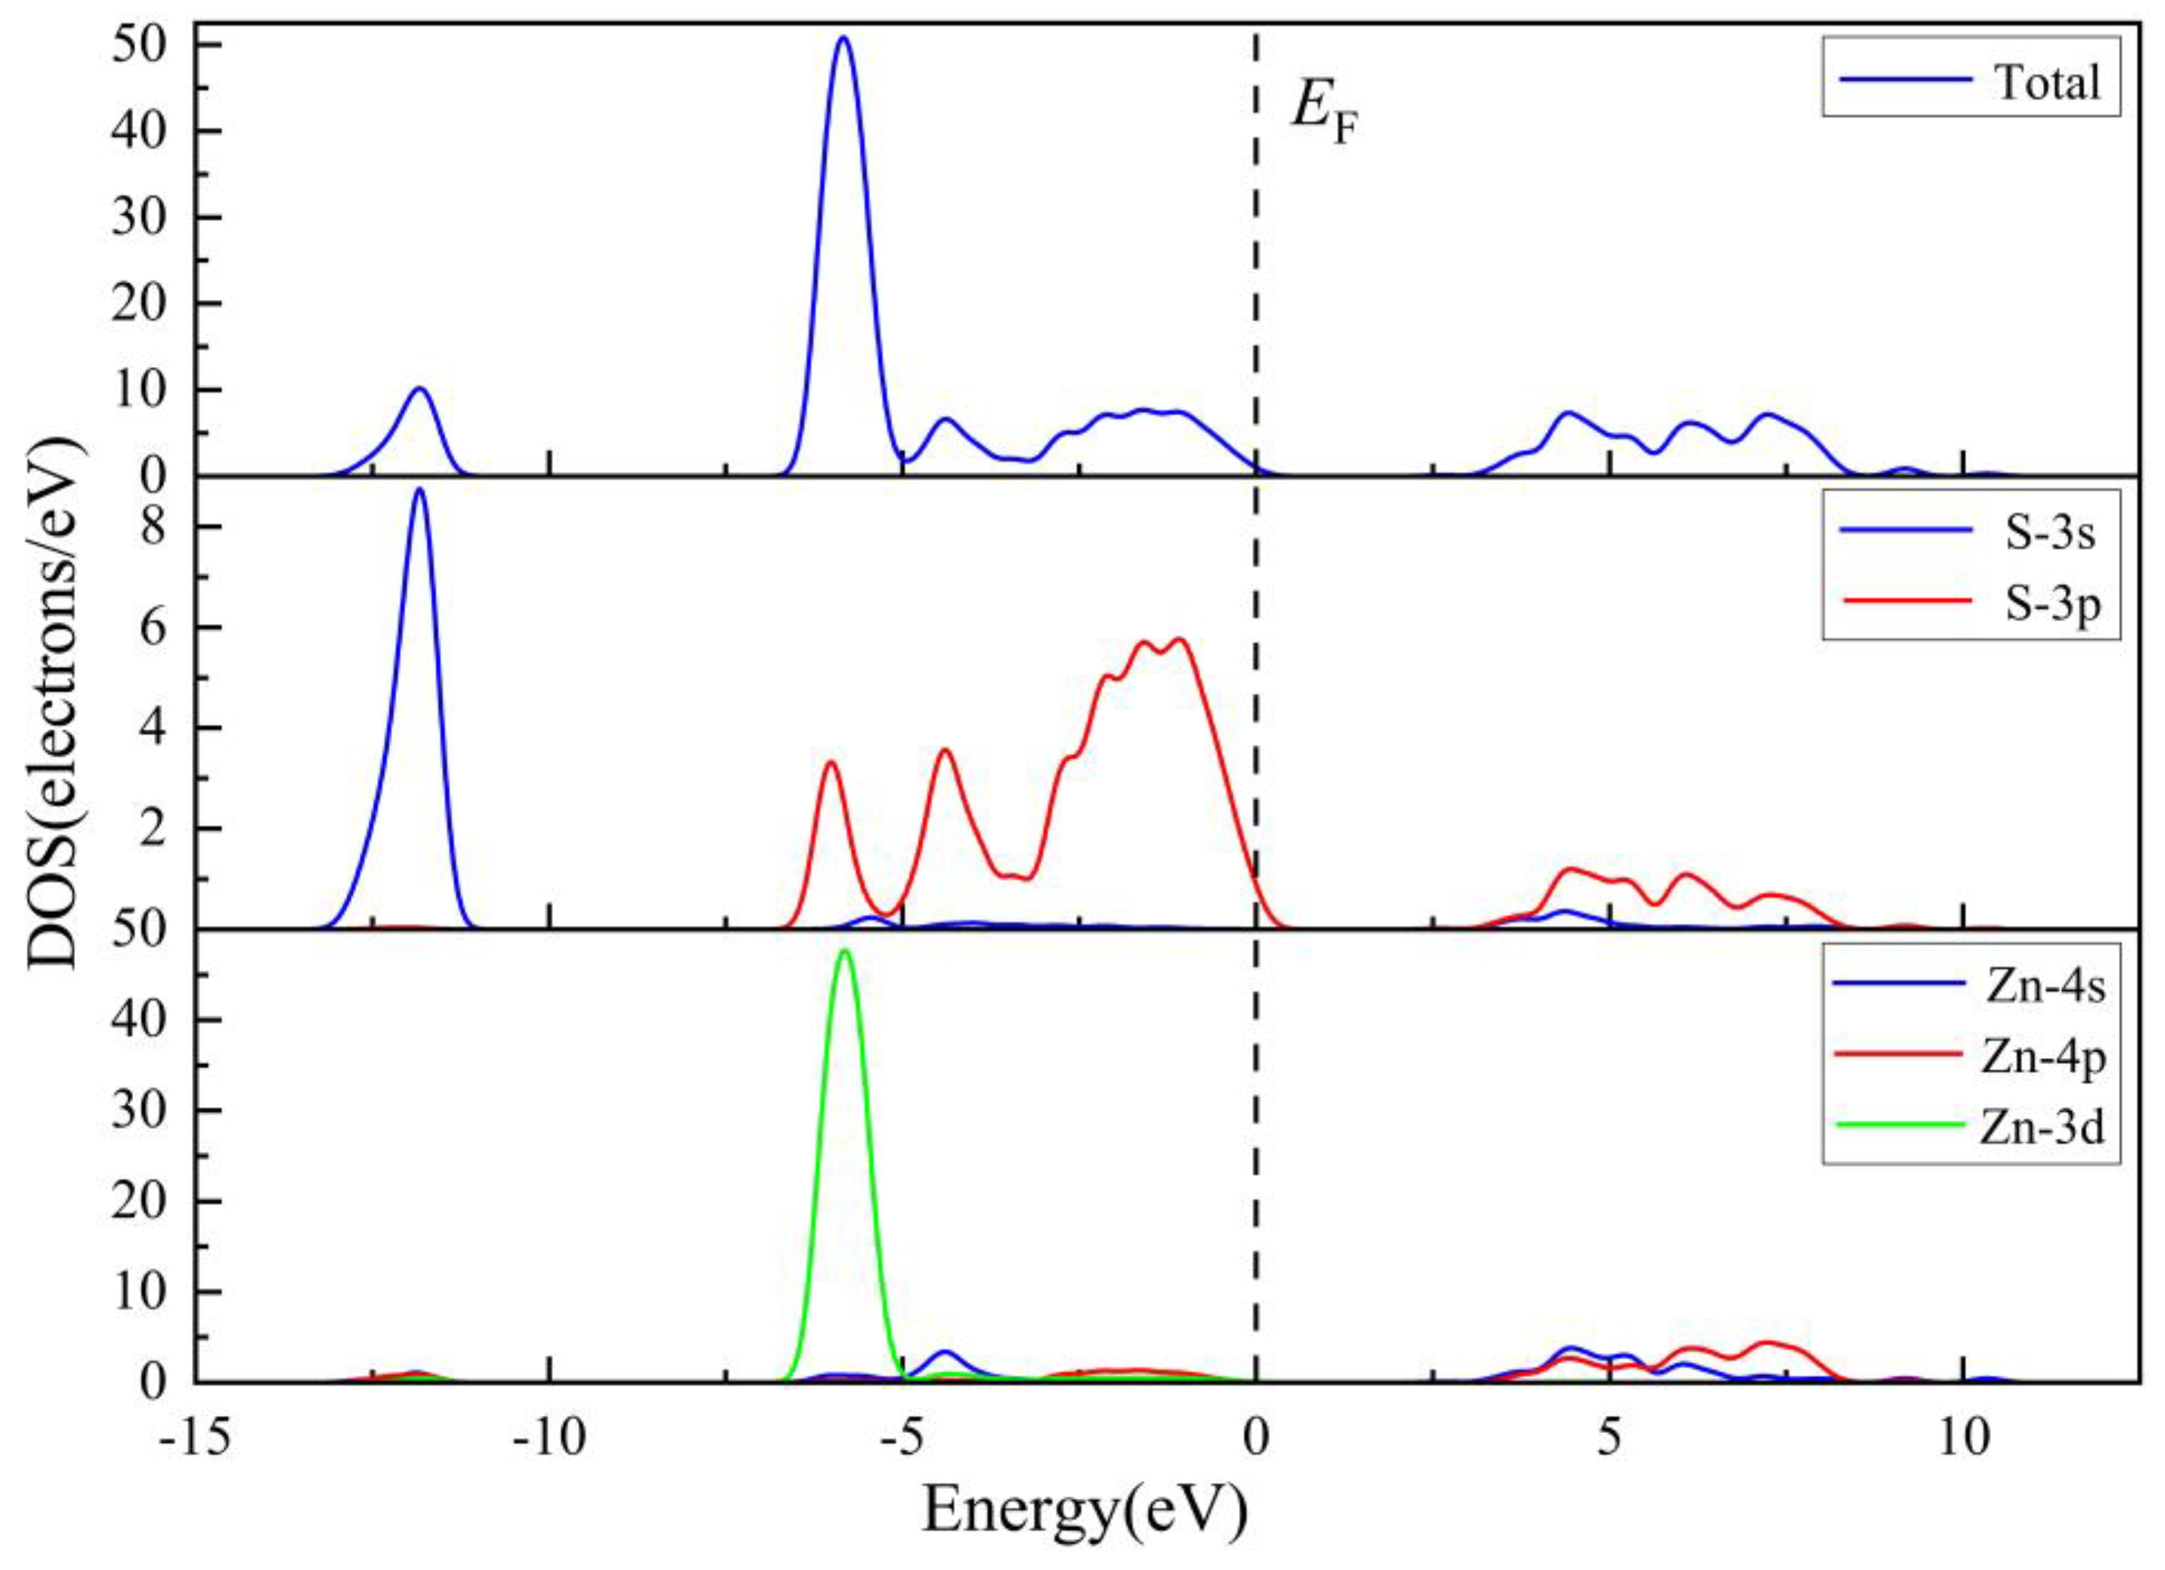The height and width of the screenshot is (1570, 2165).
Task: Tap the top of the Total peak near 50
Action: click(x=843, y=38)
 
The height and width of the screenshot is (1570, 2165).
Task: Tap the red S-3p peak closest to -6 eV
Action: click(x=830, y=762)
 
